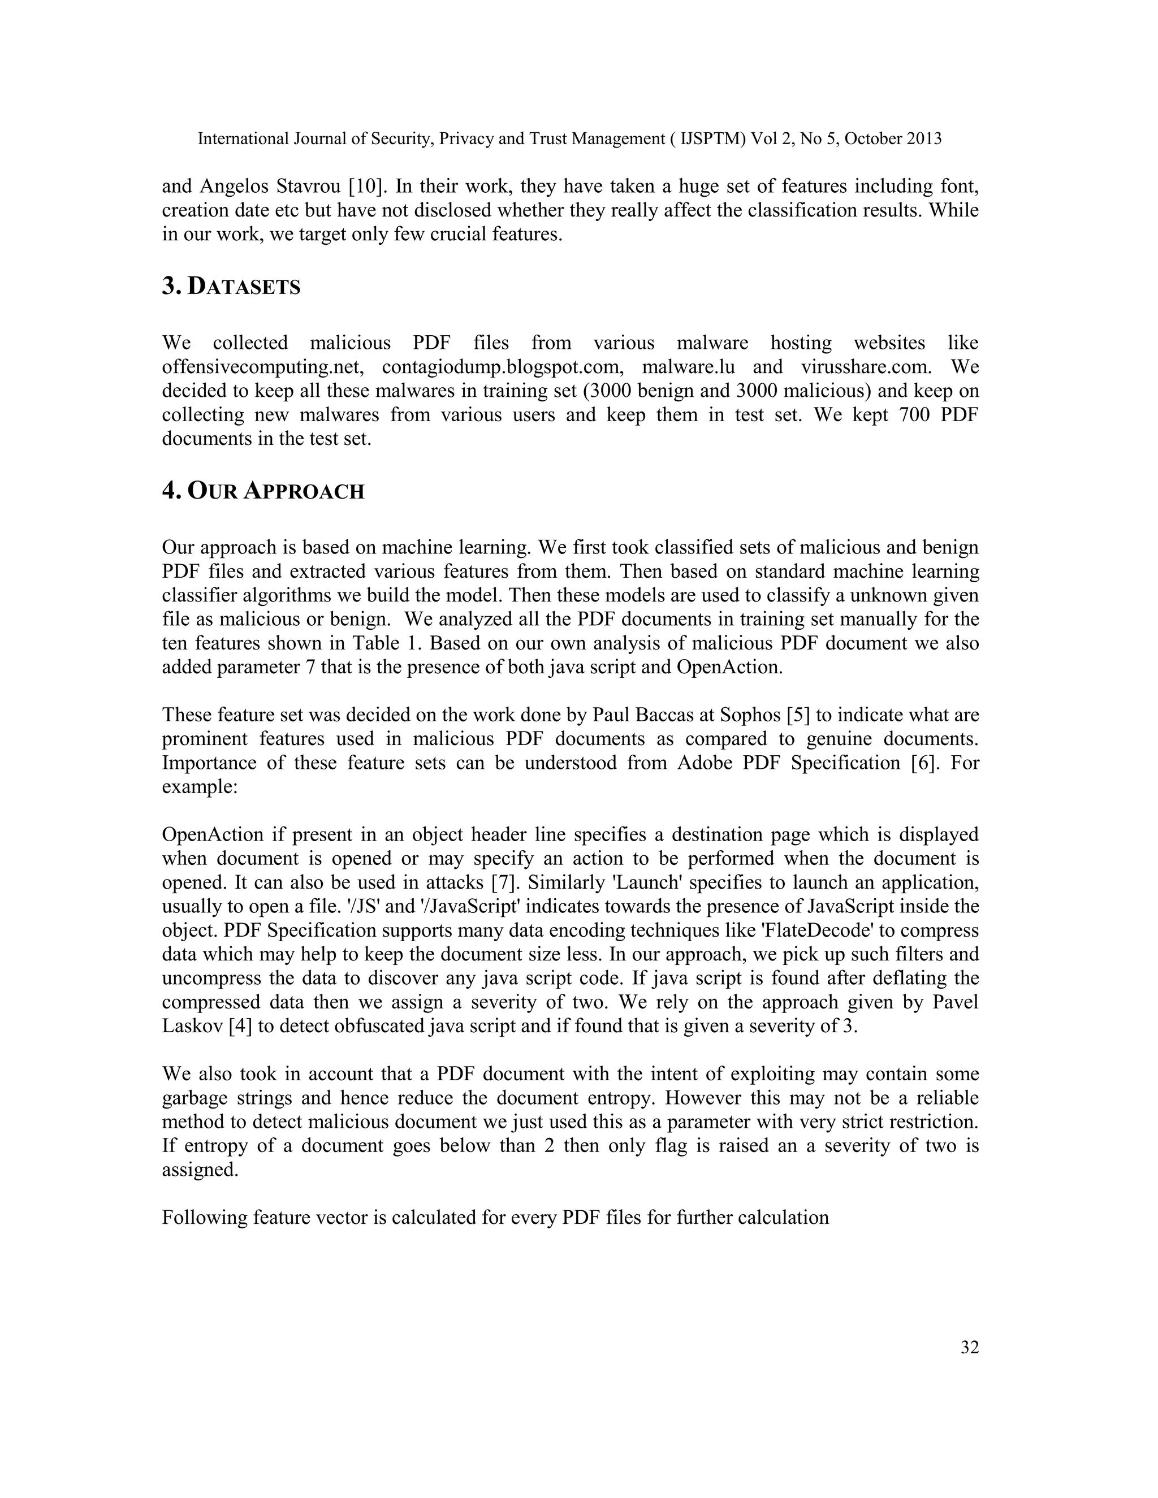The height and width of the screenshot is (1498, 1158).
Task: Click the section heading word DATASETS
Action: click(244, 287)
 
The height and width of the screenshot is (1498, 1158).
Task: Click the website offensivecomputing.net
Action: click(261, 367)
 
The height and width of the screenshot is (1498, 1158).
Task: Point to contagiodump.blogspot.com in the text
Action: click(502, 367)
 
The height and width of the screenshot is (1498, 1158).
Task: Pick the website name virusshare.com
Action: click(866, 367)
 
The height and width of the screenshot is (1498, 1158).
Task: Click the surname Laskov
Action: click(193, 1027)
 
